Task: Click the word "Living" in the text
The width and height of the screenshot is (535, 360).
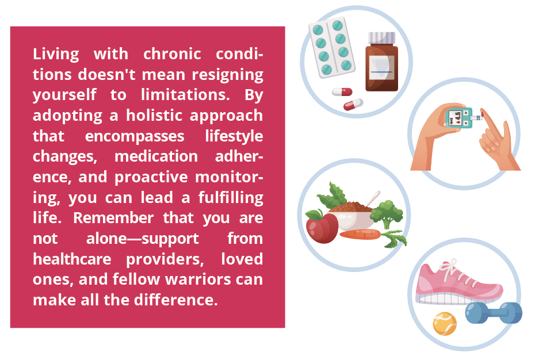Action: point(56,55)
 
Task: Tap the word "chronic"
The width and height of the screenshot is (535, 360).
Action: point(173,54)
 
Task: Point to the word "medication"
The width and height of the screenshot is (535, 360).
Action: point(156,156)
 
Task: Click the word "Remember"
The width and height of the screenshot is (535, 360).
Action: point(114,218)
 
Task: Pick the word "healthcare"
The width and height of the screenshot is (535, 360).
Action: point(72,259)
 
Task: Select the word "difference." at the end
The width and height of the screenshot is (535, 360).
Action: point(175,300)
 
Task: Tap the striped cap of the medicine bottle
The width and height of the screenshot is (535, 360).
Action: point(382,38)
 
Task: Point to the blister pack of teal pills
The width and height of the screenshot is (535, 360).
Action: point(332,47)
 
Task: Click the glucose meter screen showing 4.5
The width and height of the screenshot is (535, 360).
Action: point(455,118)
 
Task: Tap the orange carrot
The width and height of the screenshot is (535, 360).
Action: point(360,235)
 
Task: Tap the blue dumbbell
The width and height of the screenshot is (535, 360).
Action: point(494,313)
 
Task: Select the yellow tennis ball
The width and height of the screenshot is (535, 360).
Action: point(445,324)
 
